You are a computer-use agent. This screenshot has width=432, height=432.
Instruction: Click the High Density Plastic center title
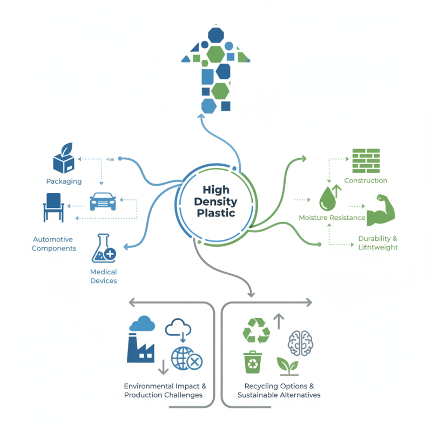[216, 201]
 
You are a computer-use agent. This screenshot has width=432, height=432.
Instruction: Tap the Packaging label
[64, 181]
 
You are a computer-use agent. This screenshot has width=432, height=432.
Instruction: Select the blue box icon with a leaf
[64, 159]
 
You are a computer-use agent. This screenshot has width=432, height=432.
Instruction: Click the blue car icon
[103, 201]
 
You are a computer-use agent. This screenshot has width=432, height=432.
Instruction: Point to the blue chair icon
[54, 206]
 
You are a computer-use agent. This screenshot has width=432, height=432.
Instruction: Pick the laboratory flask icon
[103, 248]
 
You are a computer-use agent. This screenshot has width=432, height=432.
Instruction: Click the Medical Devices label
[103, 276]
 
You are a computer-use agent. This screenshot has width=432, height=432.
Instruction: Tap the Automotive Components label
[53, 244]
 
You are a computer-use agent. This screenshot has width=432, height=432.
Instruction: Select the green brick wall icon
[366, 160]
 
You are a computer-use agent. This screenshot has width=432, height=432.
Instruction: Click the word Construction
[366, 180]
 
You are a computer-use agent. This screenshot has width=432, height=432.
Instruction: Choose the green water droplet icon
[327, 199]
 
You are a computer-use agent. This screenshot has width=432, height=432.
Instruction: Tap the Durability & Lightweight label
[377, 242]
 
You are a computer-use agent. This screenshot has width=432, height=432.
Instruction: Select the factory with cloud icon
[141, 339]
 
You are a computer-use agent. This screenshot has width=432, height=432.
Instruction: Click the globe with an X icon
[187, 359]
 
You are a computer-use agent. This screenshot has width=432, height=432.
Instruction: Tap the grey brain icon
[301, 342]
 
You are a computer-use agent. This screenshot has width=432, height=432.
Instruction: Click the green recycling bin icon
[252, 362]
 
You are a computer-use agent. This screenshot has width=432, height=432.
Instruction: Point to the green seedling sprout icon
[287, 366]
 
